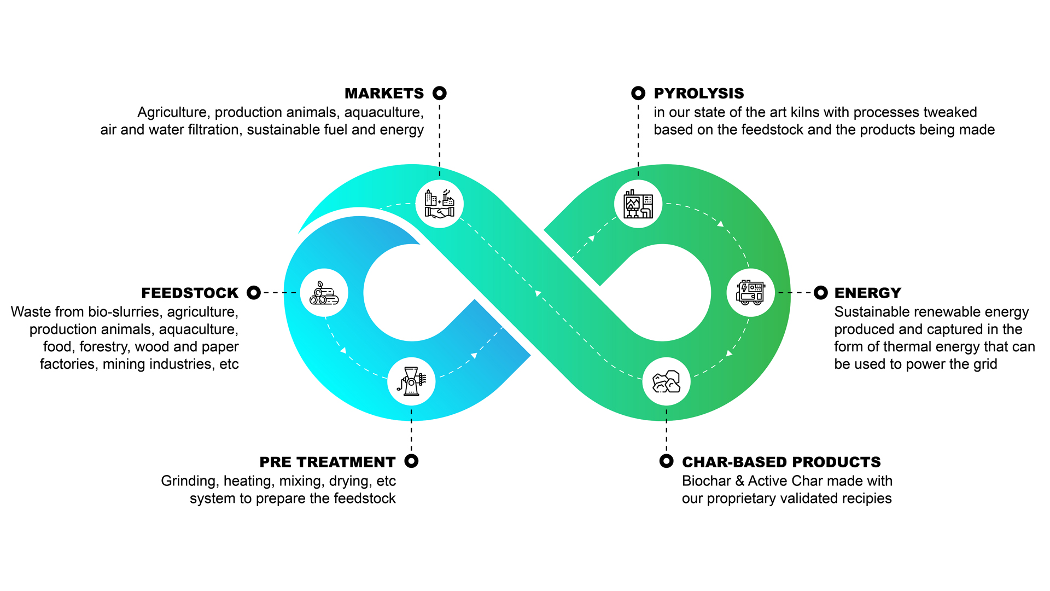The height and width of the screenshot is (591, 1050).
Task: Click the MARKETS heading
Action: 384,94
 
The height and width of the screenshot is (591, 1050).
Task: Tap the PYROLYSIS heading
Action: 698,94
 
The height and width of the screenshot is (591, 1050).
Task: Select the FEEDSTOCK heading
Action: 190,293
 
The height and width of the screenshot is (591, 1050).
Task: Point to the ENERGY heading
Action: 867,293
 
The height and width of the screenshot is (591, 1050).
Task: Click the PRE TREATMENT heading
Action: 327,462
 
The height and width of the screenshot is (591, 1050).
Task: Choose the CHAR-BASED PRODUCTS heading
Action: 781,462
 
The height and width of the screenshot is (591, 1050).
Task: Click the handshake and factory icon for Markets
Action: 440,204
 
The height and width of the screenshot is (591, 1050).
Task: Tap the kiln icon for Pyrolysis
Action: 638,204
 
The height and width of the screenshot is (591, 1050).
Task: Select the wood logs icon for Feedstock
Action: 324,293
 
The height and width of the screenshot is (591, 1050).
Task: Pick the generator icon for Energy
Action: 750,293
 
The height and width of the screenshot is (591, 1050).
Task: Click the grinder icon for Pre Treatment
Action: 411,381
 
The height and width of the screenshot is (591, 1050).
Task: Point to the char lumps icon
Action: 666,381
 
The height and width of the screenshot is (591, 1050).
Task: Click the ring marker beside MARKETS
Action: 440,93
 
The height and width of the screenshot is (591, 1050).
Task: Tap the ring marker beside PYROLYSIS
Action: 638,93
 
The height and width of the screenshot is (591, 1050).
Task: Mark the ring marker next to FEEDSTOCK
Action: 254,293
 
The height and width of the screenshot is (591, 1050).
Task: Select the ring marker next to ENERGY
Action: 821,293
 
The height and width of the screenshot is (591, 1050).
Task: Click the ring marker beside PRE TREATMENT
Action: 411,461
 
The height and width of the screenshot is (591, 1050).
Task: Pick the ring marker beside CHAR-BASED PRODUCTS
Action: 666,461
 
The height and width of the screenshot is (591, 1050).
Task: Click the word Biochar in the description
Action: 706,481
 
